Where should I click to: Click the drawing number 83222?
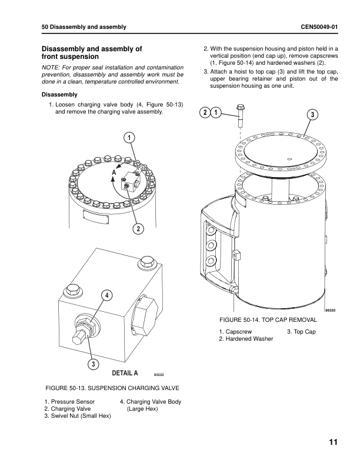point(158,374)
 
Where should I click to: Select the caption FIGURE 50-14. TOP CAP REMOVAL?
point(268,319)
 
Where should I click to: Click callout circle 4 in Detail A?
point(107,295)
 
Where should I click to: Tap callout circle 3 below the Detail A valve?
point(92,364)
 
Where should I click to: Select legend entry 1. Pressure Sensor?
point(69,401)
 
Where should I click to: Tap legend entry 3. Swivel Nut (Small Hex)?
point(78,415)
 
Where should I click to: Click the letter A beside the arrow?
point(113,172)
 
